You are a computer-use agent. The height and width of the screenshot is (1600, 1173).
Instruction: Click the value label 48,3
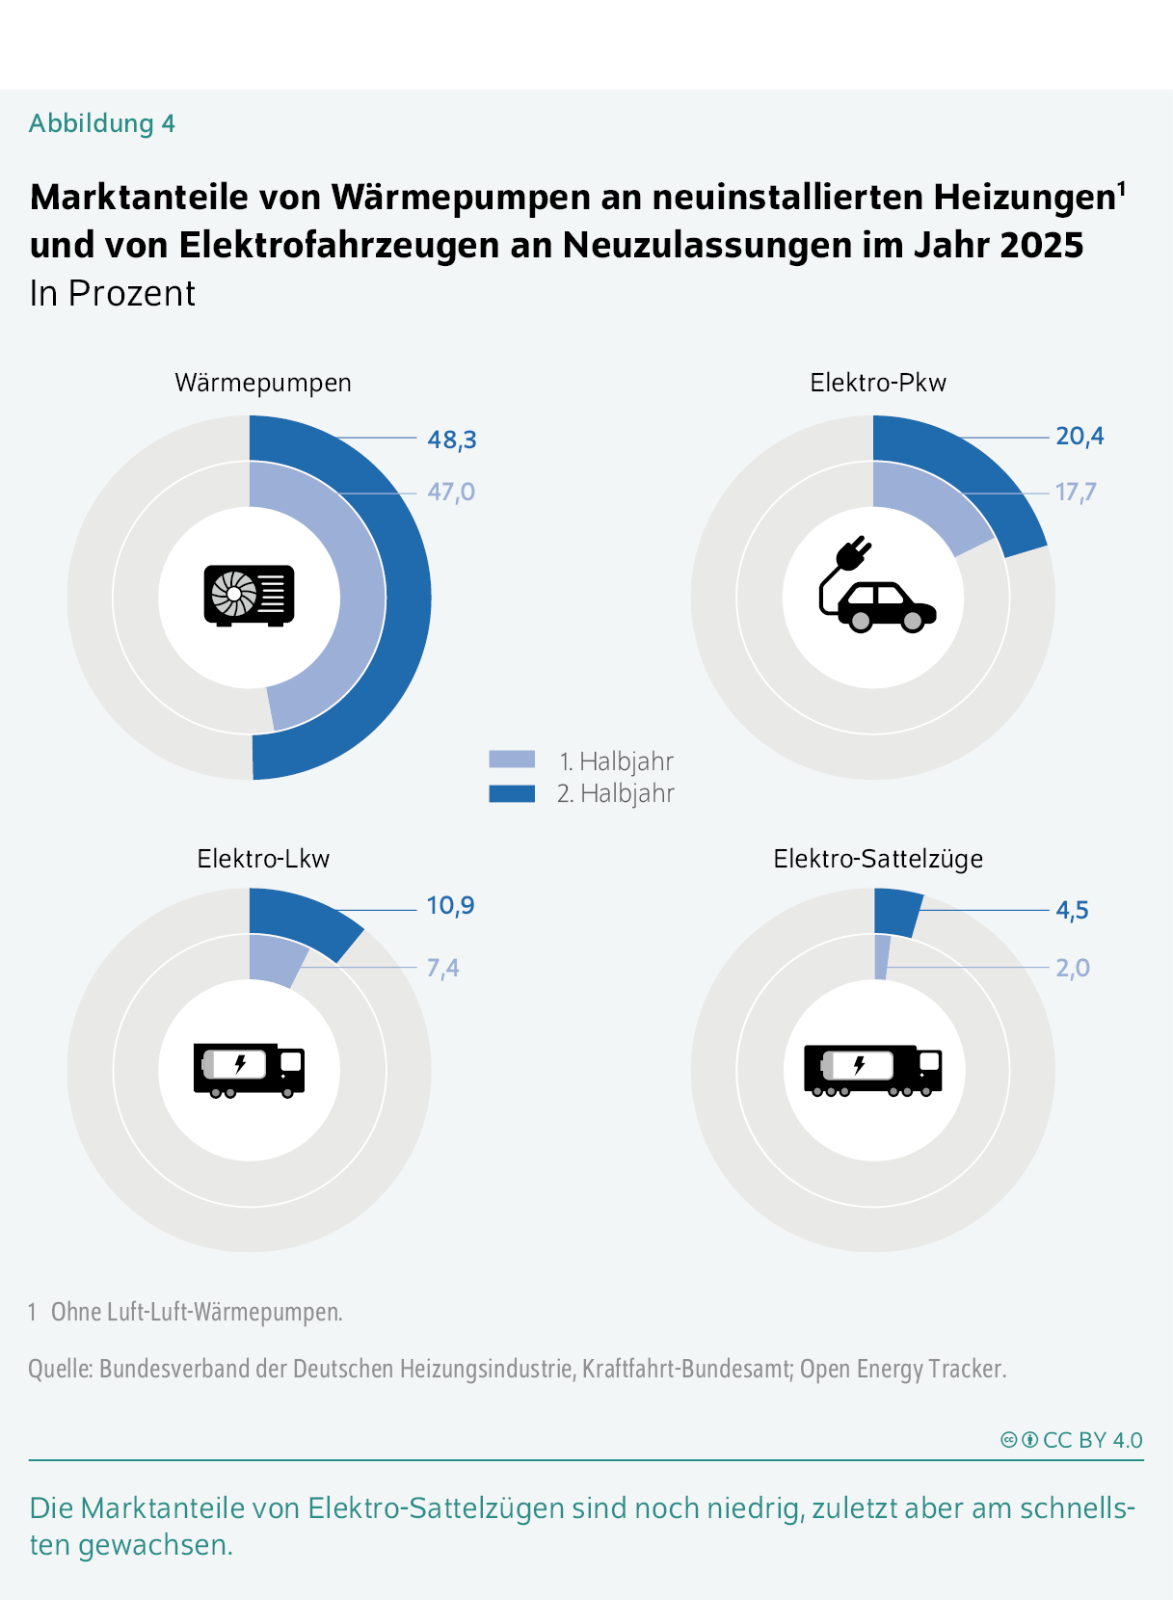tap(452, 440)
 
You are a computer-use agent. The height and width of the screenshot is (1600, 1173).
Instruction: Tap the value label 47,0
tap(451, 492)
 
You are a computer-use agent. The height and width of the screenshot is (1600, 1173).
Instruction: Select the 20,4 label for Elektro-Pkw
tap(1080, 437)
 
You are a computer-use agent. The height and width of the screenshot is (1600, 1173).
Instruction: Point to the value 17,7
tap(1076, 493)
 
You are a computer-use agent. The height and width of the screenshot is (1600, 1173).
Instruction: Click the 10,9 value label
tap(450, 905)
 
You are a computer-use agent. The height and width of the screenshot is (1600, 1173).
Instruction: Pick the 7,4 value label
tap(443, 968)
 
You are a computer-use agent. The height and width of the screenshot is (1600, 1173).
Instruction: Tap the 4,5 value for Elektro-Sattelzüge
tap(1072, 910)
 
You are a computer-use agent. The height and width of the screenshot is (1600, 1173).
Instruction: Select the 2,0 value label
tap(1072, 968)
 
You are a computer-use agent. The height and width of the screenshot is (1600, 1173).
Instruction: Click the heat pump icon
tap(249, 596)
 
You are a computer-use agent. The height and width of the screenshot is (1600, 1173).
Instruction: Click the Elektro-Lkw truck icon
tap(249, 1069)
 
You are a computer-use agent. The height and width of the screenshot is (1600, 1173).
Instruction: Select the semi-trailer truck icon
tap(872, 1070)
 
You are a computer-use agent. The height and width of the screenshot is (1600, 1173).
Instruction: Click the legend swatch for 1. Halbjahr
tap(512, 760)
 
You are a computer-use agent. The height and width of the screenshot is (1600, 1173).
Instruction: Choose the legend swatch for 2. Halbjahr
tap(512, 793)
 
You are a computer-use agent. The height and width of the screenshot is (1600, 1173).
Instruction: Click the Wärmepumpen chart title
tap(263, 383)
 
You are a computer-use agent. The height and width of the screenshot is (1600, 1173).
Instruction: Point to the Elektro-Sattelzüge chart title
tap(878, 859)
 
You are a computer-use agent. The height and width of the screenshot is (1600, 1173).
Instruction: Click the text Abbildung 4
tap(102, 123)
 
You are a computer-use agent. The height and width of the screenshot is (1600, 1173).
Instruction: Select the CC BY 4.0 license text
tap(1092, 1440)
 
